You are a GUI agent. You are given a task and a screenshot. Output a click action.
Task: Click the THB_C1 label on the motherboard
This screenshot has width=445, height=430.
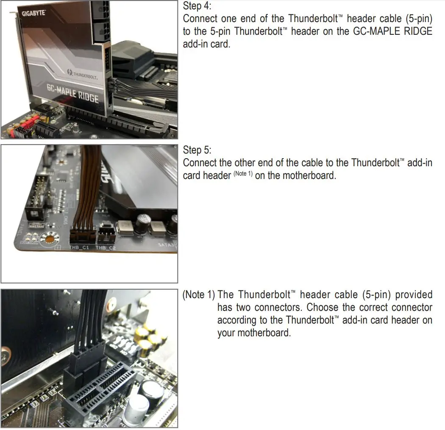coord(79,247)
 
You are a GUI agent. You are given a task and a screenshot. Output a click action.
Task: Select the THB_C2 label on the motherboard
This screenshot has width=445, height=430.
coord(106,248)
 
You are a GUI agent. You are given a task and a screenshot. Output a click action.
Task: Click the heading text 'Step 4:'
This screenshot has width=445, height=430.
coord(197,6)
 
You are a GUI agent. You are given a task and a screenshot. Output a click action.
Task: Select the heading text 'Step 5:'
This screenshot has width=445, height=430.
coord(197,150)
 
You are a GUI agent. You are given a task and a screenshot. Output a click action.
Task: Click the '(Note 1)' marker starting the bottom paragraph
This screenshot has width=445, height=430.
coord(198,295)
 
